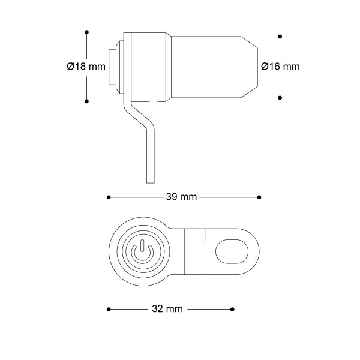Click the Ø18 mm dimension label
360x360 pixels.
point(86,67)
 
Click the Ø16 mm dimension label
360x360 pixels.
point(280,67)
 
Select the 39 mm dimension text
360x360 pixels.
point(181,197)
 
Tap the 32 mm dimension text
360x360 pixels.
point(167,309)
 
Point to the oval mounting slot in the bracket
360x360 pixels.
point(232,251)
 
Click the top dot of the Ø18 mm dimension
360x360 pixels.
point(86,32)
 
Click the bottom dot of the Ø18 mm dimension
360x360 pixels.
point(86,101)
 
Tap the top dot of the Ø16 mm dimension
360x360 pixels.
point(280,37)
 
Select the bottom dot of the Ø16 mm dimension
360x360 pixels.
point(280,98)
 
